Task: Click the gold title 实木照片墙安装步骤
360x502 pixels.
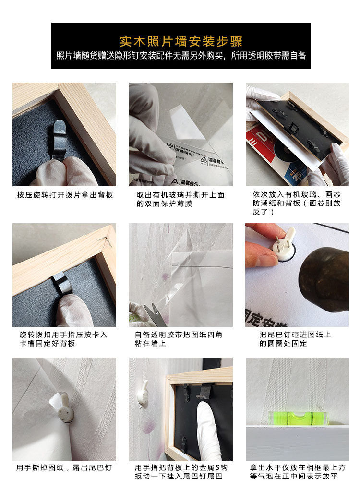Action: (x=181, y=41)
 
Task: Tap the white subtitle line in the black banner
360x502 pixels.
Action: (x=181, y=56)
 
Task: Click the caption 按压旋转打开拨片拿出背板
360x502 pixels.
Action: (x=65, y=195)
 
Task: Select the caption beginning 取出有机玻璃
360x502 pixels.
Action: (x=180, y=199)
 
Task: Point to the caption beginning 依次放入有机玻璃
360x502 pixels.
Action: (x=297, y=203)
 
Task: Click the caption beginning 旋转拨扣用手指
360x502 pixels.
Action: (x=63, y=339)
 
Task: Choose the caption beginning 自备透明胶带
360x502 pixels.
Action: (x=179, y=339)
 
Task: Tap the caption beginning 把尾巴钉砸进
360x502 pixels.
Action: (x=295, y=339)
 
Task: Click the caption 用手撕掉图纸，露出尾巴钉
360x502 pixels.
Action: (x=64, y=467)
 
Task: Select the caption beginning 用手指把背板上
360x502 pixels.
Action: (x=181, y=472)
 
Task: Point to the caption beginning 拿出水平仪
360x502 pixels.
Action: (x=298, y=472)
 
